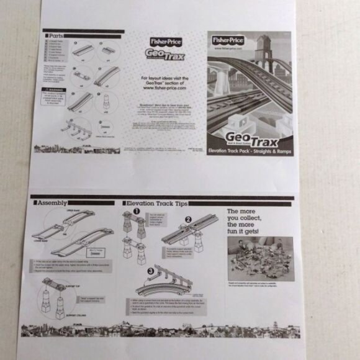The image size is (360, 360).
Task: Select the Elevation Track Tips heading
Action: (x=152, y=202)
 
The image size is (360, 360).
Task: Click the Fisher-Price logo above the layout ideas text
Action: (x=161, y=42)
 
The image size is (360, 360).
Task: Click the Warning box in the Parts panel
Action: (x=57, y=97)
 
